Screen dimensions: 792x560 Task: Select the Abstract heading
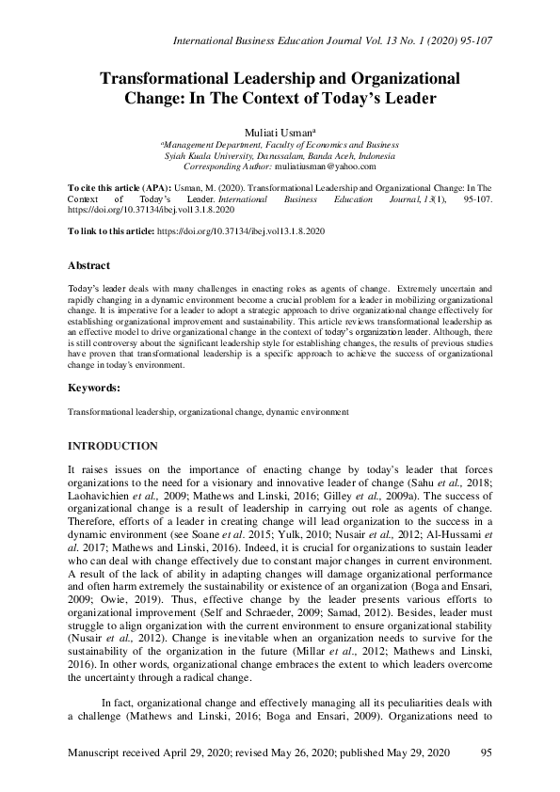89,266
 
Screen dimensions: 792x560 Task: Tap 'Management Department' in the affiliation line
209,145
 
